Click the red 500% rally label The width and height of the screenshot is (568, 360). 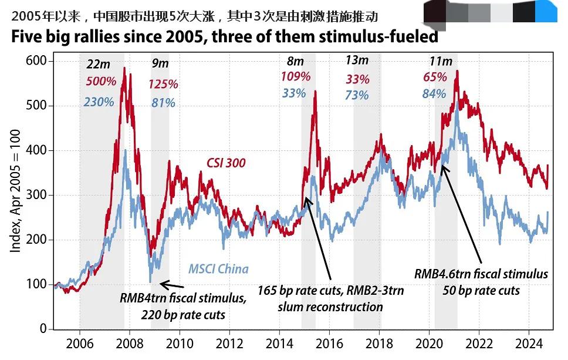[101, 82]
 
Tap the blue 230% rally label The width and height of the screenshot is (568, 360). [99, 102]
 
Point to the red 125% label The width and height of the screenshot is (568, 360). [163, 84]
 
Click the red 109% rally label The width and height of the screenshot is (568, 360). [295, 76]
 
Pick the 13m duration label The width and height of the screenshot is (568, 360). [357, 60]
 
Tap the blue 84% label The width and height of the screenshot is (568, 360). [435, 93]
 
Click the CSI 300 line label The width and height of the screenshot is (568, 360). [225, 163]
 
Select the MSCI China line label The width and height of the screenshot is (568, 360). [218, 270]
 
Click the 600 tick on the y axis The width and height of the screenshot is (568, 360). [36, 61]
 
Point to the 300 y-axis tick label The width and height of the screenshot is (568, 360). [36, 195]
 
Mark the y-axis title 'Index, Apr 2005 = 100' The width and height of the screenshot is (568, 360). [16, 195]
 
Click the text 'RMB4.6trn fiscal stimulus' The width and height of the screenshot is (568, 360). [481, 274]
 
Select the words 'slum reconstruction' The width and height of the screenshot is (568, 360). [330, 307]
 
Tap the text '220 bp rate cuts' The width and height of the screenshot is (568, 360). [183, 315]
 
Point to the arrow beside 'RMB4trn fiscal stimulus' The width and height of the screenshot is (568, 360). [172, 285]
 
